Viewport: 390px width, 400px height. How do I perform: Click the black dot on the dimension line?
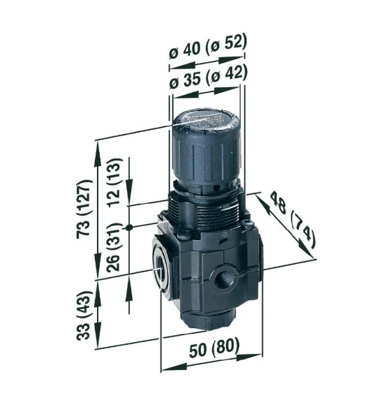click(x=129, y=228)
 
